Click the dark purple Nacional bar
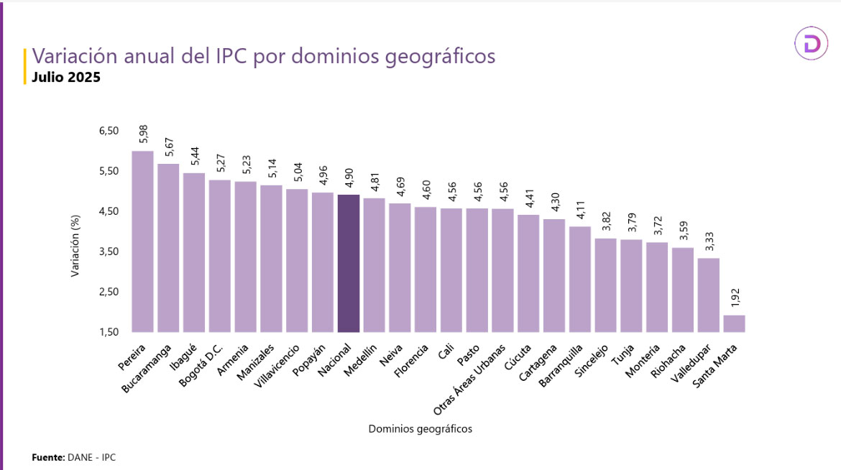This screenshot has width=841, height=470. (349, 263)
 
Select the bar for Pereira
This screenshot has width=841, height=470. (143, 241)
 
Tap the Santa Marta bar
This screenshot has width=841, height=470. (734, 323)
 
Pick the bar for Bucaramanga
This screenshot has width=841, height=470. (168, 248)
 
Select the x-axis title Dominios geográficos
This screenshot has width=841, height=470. (420, 429)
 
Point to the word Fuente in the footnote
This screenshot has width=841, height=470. (47, 457)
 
